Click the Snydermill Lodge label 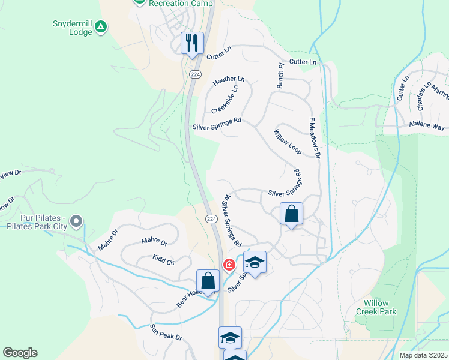pyautogui.click(x=73, y=28)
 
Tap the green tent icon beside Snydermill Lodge pyautogui.click(x=102, y=26)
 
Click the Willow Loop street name pyautogui.click(x=288, y=142)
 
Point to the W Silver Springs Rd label pyautogui.click(x=231, y=221)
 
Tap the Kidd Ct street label pyautogui.click(x=163, y=259)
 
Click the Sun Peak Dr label pyautogui.click(x=166, y=332)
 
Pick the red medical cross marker pyautogui.click(x=229, y=265)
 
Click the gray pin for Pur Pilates pyautogui.click(x=76, y=222)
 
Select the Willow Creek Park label pyautogui.click(x=376, y=307)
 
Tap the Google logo pyautogui.click(x=20, y=353)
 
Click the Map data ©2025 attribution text pyautogui.click(x=423, y=355)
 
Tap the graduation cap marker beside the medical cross pyautogui.click(x=255, y=263)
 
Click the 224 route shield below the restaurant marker pyautogui.click(x=194, y=74)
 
